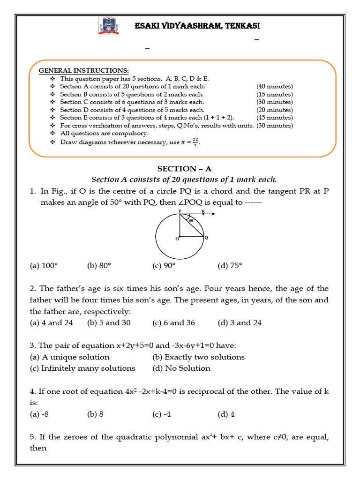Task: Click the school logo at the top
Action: pyautogui.click(x=109, y=25)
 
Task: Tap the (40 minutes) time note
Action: pyautogui.click(x=274, y=86)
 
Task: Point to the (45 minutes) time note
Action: pyautogui.click(x=274, y=118)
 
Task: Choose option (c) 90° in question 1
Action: pyautogui.click(x=164, y=266)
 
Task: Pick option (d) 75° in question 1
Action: pyautogui.click(x=230, y=266)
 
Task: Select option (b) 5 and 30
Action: pyautogui.click(x=109, y=323)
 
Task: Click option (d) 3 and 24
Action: pyautogui.click(x=240, y=323)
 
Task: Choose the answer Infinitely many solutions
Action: pyautogui.click(x=82, y=368)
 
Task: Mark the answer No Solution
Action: pyautogui.click(x=181, y=368)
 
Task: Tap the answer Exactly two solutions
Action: pyautogui.click(x=199, y=357)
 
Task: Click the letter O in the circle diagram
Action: pyautogui.click(x=177, y=239)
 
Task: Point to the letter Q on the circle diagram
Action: pyautogui.click(x=206, y=238)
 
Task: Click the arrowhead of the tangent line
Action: pyautogui.click(x=213, y=215)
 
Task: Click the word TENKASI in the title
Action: pyautogui.click(x=239, y=26)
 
